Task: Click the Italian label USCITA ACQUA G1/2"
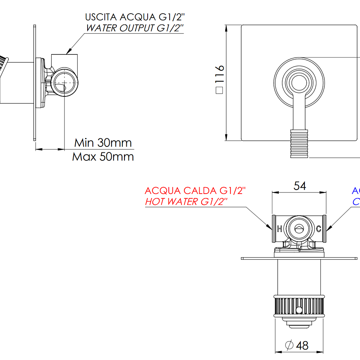pyautogui.click(x=135, y=17)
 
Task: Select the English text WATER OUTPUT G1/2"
pyautogui.click(x=135, y=28)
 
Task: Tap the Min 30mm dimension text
pyautogui.click(x=103, y=142)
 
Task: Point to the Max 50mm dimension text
pyautogui.click(x=103, y=156)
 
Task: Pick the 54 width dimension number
pyautogui.click(x=300, y=186)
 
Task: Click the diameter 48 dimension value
pyautogui.click(x=303, y=345)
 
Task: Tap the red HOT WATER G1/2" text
pyautogui.click(x=186, y=201)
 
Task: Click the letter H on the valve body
pyautogui.click(x=280, y=229)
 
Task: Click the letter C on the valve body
pyautogui.click(x=318, y=229)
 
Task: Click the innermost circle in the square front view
pyautogui.click(x=299, y=83)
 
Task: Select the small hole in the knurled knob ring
pyautogui.click(x=299, y=310)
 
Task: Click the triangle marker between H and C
pyautogui.click(x=299, y=229)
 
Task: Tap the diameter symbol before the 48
pyautogui.click(x=289, y=345)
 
